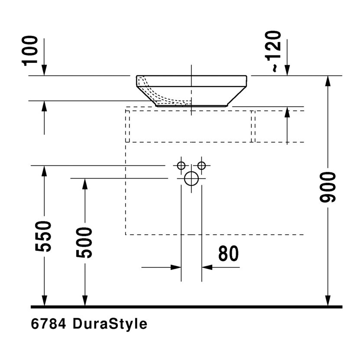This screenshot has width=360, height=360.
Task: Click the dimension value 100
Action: (x=31, y=51)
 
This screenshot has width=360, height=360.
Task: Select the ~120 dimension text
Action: (x=274, y=51)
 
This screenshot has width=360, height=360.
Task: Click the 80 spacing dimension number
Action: (x=228, y=253)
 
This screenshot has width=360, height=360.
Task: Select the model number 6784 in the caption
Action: (x=48, y=324)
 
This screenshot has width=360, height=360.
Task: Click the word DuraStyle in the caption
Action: (x=110, y=324)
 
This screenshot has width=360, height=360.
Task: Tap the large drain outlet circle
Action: (x=191, y=178)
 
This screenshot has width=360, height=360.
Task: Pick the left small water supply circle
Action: (x=181, y=165)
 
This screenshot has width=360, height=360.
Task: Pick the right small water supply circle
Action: (x=201, y=165)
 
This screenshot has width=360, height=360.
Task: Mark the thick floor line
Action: (x=186, y=307)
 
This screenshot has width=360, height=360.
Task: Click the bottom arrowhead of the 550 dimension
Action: (x=44, y=300)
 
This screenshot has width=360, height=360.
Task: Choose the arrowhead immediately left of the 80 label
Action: (x=208, y=267)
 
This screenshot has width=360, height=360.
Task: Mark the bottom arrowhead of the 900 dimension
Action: (x=328, y=300)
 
